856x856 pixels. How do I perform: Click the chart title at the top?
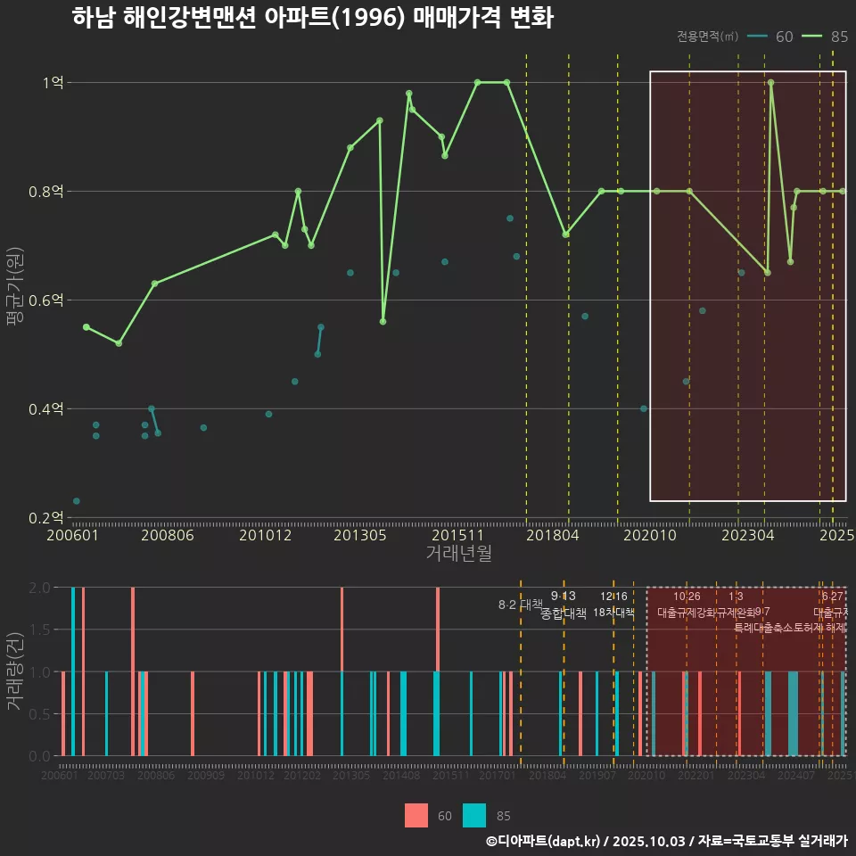click(x=312, y=18)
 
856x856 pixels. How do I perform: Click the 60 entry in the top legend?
click(x=784, y=37)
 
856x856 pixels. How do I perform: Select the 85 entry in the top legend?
click(x=838, y=37)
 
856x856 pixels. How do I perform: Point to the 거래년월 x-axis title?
click(x=458, y=554)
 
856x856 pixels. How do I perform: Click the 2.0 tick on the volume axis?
click(x=41, y=588)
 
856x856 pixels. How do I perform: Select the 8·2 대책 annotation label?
click(x=520, y=605)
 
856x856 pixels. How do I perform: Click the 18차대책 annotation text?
click(x=613, y=613)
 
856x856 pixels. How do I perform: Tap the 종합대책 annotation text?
click(x=564, y=613)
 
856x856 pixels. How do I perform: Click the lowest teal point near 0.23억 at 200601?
click(x=77, y=501)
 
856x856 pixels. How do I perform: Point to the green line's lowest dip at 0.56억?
click(x=383, y=321)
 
